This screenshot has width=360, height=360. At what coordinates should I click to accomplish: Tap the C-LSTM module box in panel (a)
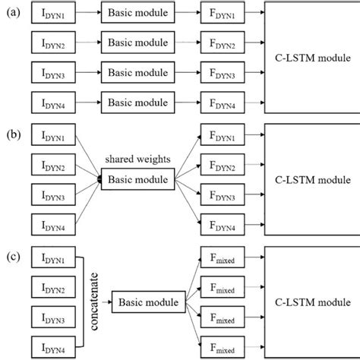310,58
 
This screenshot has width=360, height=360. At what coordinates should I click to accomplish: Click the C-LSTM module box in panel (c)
310,303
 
